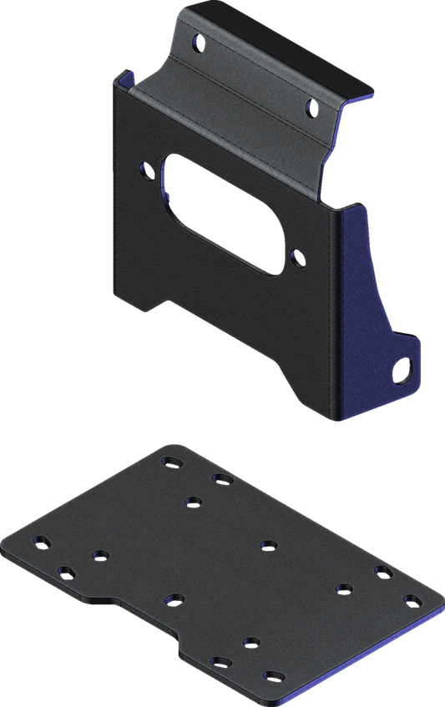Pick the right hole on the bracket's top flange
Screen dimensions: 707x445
pos(311,106)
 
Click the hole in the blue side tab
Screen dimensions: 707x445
pos(405,367)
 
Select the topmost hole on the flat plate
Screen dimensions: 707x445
pos(174,460)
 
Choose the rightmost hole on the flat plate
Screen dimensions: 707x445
pos(410,598)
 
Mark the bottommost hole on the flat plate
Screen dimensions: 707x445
pos(270,675)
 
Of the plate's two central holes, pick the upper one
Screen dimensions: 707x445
pos(268,545)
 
